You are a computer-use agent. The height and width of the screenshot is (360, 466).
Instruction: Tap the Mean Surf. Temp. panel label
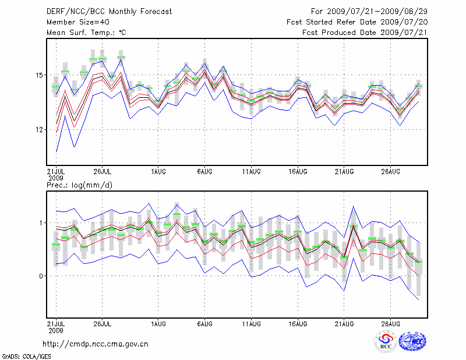point(86,33)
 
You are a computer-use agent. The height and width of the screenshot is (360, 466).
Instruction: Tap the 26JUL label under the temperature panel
point(102,172)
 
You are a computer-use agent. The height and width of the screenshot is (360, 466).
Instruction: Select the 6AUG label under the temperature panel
point(204,172)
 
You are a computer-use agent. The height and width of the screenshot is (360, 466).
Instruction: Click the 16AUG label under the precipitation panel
point(298,323)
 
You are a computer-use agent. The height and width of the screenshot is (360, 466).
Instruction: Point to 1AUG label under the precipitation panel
point(158,323)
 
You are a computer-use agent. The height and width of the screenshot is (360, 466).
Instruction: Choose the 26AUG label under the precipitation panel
point(391,323)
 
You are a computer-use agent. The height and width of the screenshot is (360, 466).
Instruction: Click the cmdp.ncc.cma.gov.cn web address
point(96,344)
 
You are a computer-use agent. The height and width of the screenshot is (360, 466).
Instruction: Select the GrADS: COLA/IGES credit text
point(25,355)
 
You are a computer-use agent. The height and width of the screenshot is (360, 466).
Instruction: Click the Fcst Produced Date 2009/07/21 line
point(365,33)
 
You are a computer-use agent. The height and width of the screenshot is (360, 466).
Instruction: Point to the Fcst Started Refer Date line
point(357,22)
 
